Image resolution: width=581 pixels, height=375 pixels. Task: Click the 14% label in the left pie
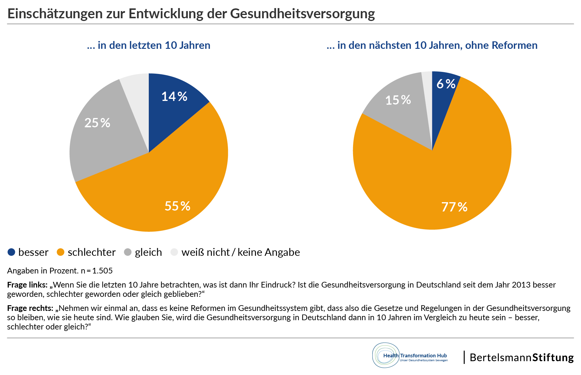[174, 96]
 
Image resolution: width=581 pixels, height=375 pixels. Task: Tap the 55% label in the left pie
[178, 206]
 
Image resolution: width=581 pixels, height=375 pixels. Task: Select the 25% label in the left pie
[97, 123]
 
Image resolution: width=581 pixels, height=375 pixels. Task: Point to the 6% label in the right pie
[446, 84]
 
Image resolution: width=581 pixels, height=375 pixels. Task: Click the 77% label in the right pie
[454, 207]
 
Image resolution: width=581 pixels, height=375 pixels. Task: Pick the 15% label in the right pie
[398, 100]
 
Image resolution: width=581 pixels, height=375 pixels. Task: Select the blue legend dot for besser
[11, 252]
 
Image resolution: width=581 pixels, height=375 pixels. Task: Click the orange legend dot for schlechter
[61, 252]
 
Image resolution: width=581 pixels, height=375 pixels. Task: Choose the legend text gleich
[148, 252]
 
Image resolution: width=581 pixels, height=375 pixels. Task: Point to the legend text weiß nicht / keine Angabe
[241, 252]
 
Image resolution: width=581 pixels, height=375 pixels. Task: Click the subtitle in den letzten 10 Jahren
[149, 45]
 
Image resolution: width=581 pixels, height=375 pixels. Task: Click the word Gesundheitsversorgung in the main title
[302, 13]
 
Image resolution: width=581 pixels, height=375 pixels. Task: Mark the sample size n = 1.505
[97, 271]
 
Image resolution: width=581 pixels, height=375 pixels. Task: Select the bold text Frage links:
[27, 285]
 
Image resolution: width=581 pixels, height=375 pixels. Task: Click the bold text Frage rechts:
[30, 308]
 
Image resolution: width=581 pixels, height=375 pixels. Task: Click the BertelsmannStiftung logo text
[522, 358]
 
